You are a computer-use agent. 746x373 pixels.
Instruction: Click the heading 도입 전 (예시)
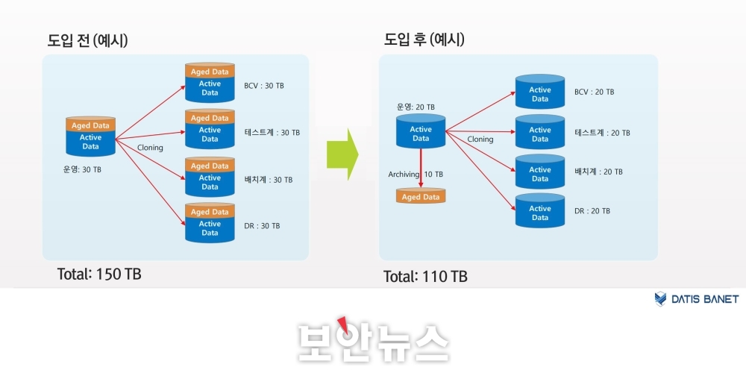pyautogui.click(x=87, y=40)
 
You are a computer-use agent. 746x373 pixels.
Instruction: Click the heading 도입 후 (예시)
pyautogui.click(x=424, y=40)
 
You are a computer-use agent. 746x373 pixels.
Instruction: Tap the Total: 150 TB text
pyautogui.click(x=99, y=274)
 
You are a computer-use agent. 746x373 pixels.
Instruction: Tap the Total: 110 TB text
pyautogui.click(x=426, y=277)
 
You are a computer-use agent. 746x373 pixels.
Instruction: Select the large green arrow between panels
pyautogui.click(x=342, y=154)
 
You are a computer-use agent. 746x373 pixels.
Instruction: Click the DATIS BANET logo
pyautogui.click(x=697, y=299)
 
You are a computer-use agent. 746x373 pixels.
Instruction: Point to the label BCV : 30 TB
pyautogui.click(x=263, y=86)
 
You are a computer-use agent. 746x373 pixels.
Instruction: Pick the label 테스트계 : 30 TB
pyautogui.click(x=272, y=132)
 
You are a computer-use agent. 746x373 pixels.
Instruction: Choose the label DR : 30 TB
pyautogui.click(x=262, y=225)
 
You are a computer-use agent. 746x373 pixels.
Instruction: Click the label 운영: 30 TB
pyautogui.click(x=82, y=169)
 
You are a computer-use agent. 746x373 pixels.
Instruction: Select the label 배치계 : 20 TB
pyautogui.click(x=599, y=172)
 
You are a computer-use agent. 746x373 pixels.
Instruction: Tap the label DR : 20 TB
pyautogui.click(x=592, y=211)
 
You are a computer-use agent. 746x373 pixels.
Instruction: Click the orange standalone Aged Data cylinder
pyautogui.click(x=421, y=196)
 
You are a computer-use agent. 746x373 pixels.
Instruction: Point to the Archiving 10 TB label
pyautogui.click(x=416, y=175)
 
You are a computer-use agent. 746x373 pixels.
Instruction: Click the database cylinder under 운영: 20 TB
pyautogui.click(x=421, y=131)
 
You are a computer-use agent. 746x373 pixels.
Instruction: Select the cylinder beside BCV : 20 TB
pyautogui.click(x=540, y=92)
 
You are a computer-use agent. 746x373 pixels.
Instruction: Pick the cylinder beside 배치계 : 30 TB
pyautogui.click(x=210, y=177)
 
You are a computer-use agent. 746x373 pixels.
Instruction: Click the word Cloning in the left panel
pyautogui.click(x=151, y=148)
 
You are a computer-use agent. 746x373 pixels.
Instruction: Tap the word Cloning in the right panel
pyautogui.click(x=480, y=140)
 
